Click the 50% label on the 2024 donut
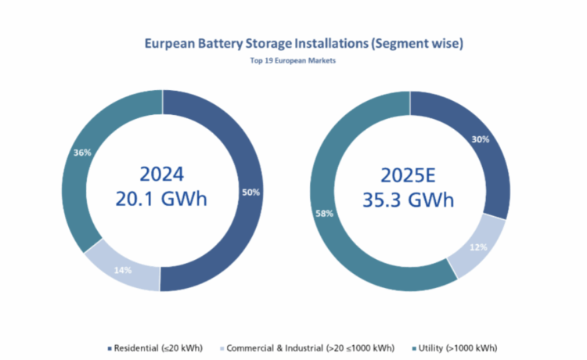[250, 192]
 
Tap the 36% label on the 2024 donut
[81, 153]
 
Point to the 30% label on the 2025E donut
[481, 140]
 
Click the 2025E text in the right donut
[409, 173]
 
